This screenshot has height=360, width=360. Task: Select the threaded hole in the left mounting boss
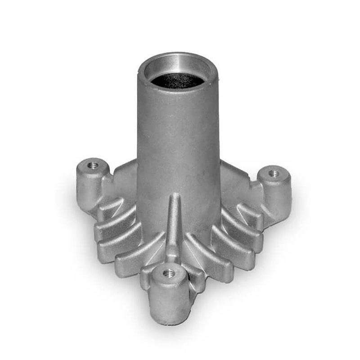click(93, 166)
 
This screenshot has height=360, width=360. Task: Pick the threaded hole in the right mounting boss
click(273, 173)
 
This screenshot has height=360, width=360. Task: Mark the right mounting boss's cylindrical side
click(277, 198)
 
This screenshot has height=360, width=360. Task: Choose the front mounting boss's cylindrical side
click(169, 299)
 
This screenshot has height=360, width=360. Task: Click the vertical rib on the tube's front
click(174, 225)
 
